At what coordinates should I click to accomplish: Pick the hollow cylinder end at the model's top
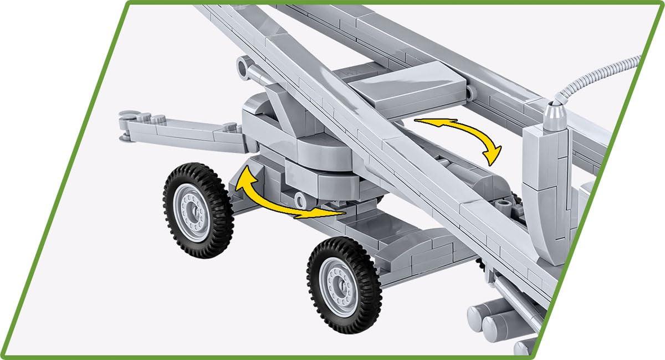pyautogui.click(x=244, y=66)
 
